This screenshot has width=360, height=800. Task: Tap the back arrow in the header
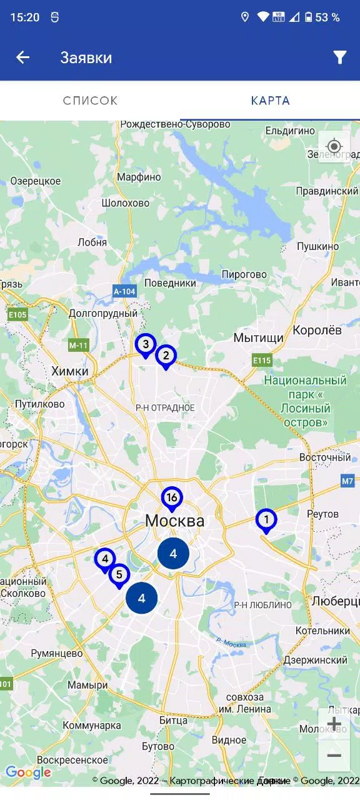coord(22,57)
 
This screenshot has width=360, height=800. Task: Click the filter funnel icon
coord(339,57)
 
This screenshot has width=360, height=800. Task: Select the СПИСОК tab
coord(90,101)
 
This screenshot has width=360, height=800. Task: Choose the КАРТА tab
coord(270,101)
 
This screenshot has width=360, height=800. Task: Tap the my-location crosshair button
coord(334,147)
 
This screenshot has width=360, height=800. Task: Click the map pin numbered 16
coord(172,498)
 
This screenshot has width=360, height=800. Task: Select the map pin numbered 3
coord(146,344)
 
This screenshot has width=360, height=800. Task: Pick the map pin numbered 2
coord(166,356)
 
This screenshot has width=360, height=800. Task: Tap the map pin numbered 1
coord(266,519)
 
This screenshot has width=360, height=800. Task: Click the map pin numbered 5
coord(119,574)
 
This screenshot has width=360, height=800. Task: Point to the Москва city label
coord(174,521)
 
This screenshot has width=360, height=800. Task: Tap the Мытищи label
coord(258,337)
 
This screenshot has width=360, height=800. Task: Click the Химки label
coord(69,371)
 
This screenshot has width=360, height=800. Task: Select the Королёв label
coord(317,330)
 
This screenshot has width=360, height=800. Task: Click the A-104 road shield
coord(124,291)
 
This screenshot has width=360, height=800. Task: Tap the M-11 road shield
coord(79,345)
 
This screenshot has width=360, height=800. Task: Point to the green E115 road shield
coord(262,361)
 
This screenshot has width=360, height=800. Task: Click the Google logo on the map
coord(28,772)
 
